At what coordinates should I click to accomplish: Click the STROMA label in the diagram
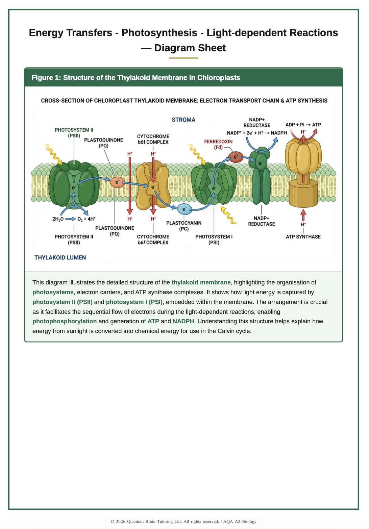click(x=183, y=120)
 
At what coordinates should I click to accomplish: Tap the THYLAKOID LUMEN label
click(x=60, y=257)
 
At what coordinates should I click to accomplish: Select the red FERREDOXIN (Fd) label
click(x=218, y=144)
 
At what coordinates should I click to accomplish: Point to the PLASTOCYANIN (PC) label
click(x=184, y=226)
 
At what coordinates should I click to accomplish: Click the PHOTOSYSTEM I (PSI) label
click(x=214, y=240)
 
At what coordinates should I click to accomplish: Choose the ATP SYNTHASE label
click(x=303, y=237)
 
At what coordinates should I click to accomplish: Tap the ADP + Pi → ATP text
click(x=303, y=125)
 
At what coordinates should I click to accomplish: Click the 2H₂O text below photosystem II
click(x=58, y=219)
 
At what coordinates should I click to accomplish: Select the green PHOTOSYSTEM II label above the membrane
click(x=74, y=132)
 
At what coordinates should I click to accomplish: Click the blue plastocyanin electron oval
click(x=184, y=209)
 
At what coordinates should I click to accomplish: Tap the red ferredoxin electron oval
click(x=236, y=157)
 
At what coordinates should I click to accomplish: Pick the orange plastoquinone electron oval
click(x=117, y=182)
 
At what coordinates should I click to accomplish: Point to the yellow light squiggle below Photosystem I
click(x=228, y=215)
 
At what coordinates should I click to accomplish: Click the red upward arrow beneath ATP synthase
click(x=303, y=215)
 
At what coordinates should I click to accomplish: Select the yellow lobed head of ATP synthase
click(x=303, y=156)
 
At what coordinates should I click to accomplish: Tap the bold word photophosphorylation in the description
click(x=65, y=321)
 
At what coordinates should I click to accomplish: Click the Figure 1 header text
click(x=136, y=78)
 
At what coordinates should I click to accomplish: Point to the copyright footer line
click(x=183, y=521)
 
